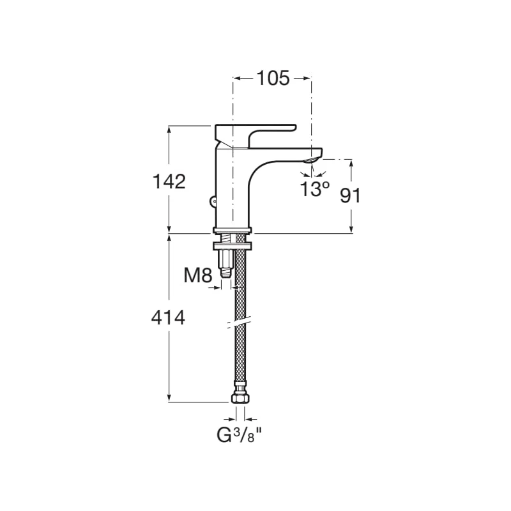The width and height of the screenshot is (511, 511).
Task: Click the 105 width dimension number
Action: pos(273,78)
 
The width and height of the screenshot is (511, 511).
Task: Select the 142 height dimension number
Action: pos(169,181)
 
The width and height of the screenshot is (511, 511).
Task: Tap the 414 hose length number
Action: pos(168,317)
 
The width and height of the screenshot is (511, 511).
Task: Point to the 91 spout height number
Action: pos(351,196)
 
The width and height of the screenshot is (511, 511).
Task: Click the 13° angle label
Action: pos(314,189)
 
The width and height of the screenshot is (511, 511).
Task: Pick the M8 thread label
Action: pos(198,275)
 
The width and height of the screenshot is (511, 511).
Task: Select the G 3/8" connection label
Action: pos(239,435)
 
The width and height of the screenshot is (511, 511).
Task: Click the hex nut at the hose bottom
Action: pos(240,398)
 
